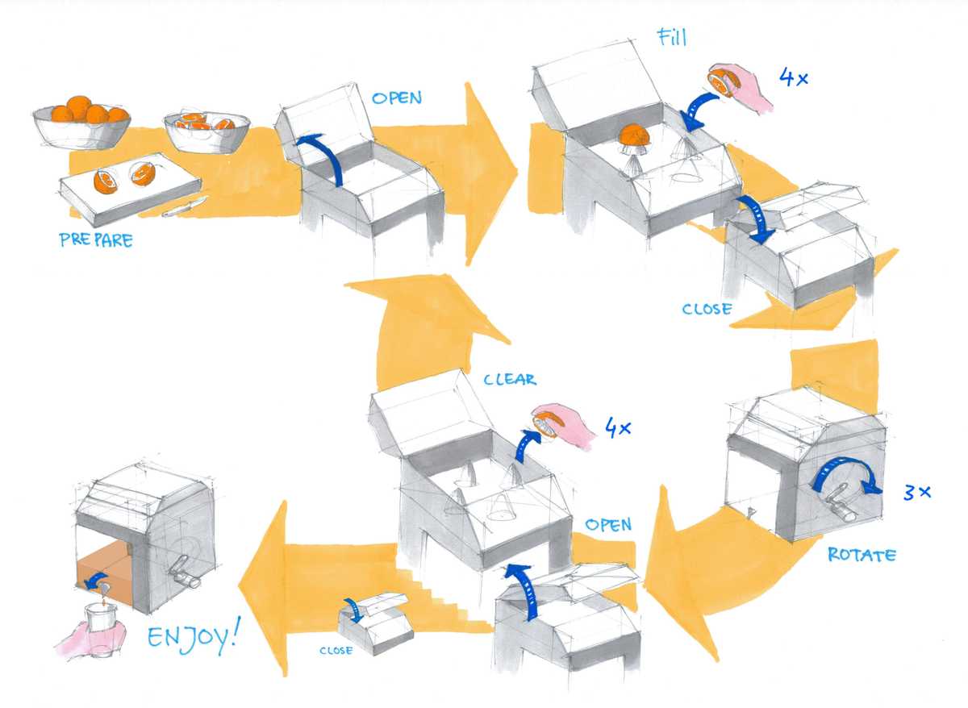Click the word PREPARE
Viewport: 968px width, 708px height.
tap(95, 239)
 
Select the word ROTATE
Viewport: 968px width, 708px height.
tap(861, 556)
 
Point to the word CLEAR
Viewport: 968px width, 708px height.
tap(510, 379)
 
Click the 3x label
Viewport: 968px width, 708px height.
tap(917, 491)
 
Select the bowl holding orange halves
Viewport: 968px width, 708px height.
tap(207, 131)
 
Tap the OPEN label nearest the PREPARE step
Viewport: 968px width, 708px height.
tap(396, 98)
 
